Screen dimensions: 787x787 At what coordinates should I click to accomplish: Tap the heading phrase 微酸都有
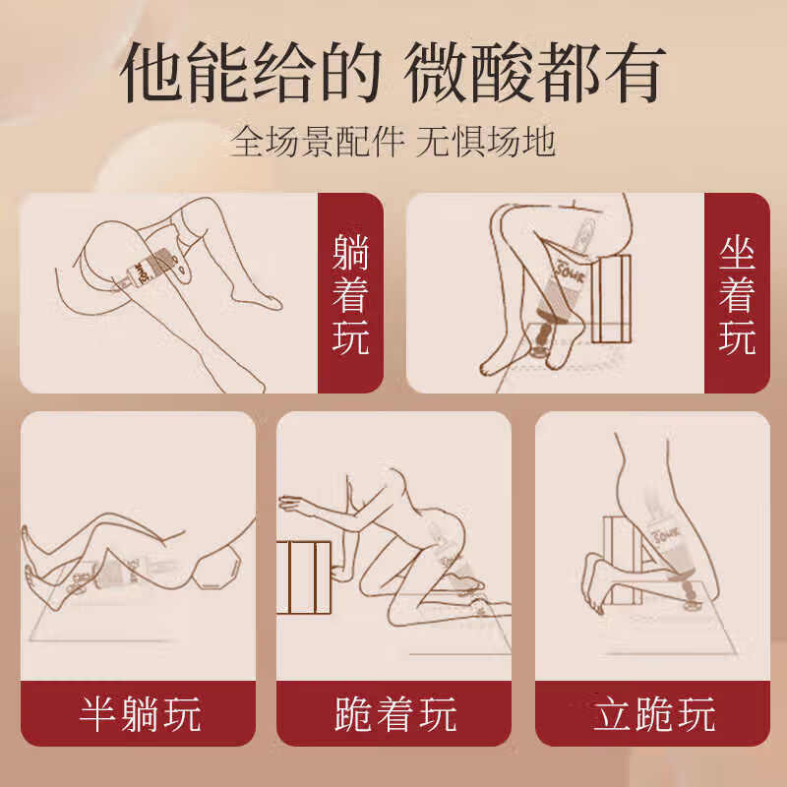point(536,74)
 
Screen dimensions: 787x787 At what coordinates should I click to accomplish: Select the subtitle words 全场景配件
point(318,142)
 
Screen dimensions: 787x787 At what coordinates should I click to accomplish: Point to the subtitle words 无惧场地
point(486,142)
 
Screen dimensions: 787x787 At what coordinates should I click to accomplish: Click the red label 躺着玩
point(350,293)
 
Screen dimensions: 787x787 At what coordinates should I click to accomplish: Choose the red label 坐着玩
point(737,293)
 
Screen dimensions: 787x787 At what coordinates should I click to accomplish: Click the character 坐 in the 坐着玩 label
point(737,253)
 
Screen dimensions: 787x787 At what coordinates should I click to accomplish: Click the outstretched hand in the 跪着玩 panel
point(291,506)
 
